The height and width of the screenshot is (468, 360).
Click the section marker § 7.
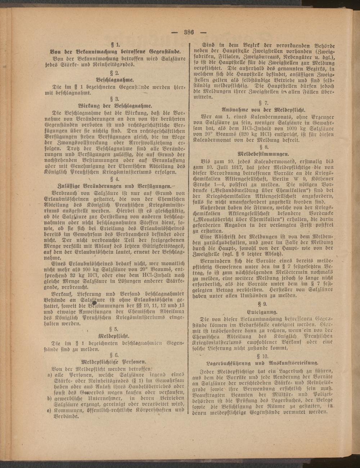point(264,102)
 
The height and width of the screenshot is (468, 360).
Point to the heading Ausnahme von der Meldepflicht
point(264,109)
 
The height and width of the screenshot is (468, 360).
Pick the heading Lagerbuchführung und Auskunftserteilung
point(264,363)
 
